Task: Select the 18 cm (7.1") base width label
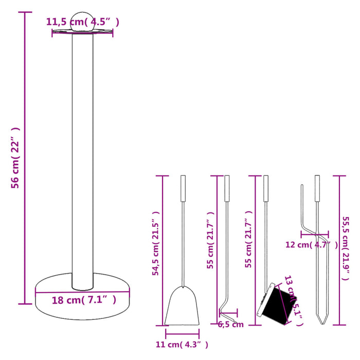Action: pos(84,300)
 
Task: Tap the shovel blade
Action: pos(182,307)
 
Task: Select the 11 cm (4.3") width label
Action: pos(182,344)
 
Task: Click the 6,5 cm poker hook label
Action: pos(231,325)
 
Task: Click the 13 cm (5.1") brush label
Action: pos(292,301)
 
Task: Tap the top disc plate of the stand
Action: pos(82,32)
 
